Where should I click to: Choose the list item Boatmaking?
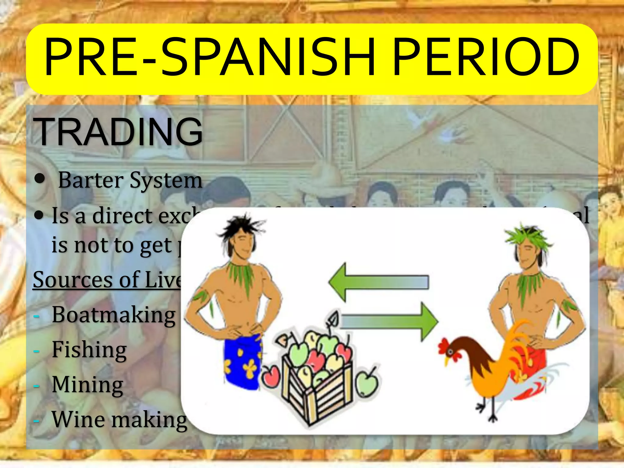click(114, 314)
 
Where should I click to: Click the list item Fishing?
click(89, 349)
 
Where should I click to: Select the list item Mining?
click(87, 385)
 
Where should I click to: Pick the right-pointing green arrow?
click(390, 321)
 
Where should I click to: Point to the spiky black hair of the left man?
click(239, 227)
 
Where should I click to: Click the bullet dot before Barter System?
click(39, 179)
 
